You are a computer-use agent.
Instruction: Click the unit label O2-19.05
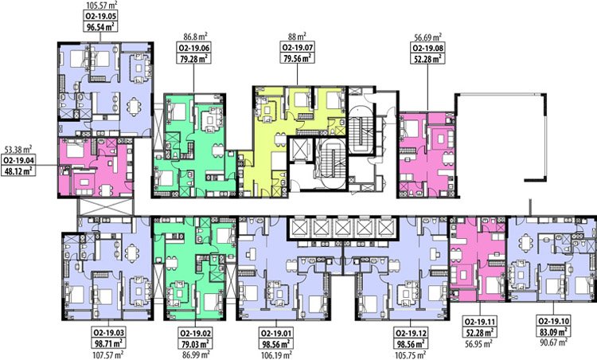100,16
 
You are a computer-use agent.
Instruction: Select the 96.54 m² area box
100,26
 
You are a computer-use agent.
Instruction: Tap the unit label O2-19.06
194,48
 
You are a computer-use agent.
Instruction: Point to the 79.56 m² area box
298,58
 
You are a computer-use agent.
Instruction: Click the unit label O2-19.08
428,48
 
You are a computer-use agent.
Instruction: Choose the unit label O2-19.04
18,160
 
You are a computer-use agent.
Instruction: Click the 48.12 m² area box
18,170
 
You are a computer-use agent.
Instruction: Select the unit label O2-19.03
108,333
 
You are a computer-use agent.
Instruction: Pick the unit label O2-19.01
275,333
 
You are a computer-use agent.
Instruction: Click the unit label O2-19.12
411,333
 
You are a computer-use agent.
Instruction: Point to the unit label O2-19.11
480,321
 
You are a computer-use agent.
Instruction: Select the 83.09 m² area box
553,332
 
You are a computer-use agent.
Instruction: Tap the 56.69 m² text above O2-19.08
428,37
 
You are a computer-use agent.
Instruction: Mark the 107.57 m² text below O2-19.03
108,355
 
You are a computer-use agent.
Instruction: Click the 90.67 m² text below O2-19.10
553,342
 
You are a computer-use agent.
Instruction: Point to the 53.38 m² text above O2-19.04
18,149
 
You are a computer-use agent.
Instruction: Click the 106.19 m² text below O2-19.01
276,355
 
